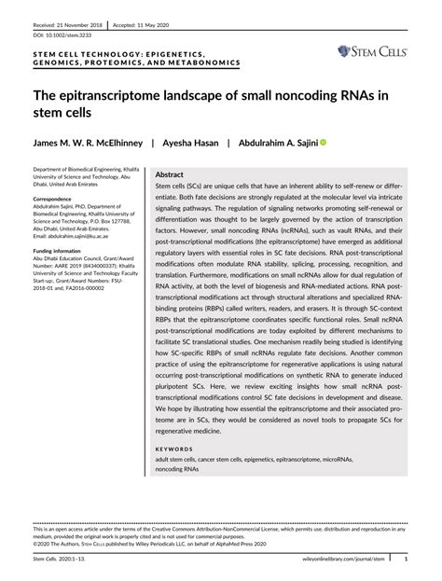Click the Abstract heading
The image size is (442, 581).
169,174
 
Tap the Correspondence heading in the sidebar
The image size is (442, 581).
56,200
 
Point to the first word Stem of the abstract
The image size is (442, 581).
164,187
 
